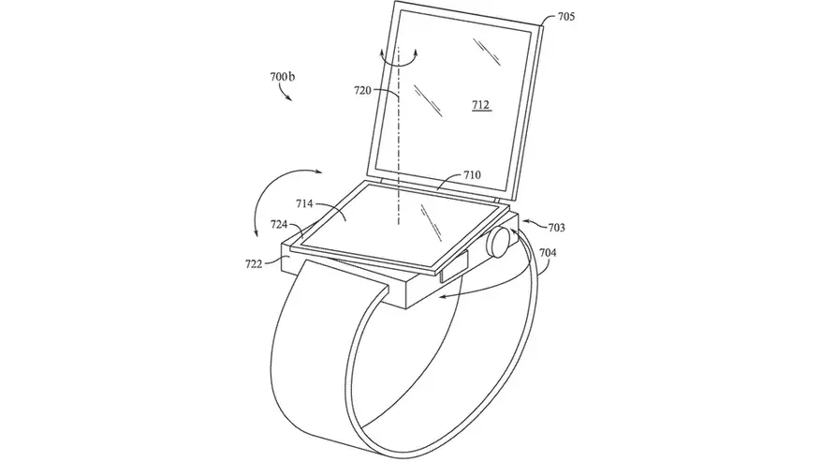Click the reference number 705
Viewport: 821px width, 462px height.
coord(566,17)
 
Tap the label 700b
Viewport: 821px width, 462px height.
coord(283,77)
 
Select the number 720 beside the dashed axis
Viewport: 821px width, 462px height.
coord(362,91)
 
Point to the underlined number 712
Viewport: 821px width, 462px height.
coord(480,105)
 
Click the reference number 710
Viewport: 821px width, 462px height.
coord(472,175)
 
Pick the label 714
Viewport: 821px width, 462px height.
coord(304,203)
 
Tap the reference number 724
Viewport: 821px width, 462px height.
coord(279,225)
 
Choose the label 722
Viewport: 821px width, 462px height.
coord(254,264)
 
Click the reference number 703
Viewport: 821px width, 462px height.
coord(557,228)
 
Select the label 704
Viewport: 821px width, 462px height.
coord(548,253)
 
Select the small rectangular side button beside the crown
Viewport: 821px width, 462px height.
coord(453,266)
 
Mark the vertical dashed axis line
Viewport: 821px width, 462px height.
coord(399,136)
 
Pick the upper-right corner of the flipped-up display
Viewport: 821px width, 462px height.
coord(542,24)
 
